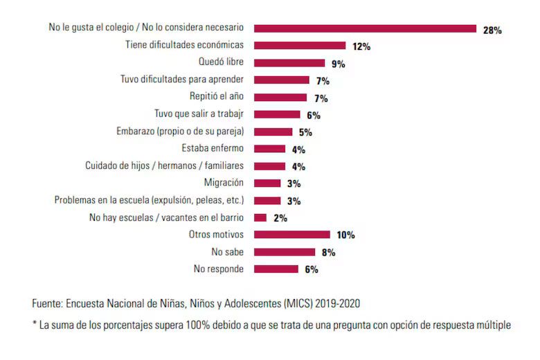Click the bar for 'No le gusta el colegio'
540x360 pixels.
[365, 28]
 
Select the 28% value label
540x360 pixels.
[492, 30]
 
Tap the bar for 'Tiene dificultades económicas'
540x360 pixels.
[299, 46]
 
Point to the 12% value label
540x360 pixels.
[361, 47]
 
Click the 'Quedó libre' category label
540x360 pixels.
[221, 62]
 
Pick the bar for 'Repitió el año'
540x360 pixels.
[280, 97]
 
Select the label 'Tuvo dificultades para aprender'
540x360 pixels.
[181, 80]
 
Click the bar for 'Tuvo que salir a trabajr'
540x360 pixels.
[277, 114]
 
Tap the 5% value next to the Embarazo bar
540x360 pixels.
[305, 132]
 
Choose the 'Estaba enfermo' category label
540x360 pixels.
[213, 148]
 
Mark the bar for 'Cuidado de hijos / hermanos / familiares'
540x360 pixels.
[269, 165]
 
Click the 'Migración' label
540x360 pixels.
[224, 183]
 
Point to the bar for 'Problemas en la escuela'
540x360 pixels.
[267, 200]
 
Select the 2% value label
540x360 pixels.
[280, 218]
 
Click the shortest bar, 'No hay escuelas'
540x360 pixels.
[260, 217]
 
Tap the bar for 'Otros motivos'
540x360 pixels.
[291, 234]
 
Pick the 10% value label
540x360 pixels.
[345, 235]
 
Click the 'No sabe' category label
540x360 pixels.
[227, 251]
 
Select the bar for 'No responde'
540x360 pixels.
[276, 269]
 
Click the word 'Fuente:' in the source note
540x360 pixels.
[48, 304]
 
